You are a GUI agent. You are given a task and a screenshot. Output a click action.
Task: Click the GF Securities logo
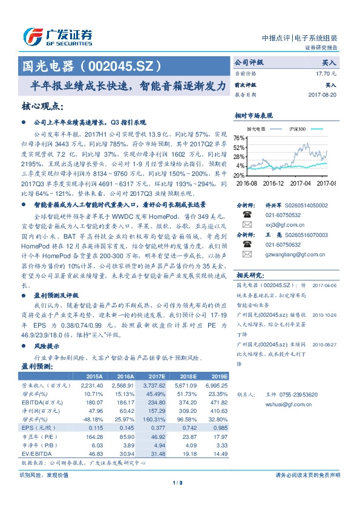point(57,36)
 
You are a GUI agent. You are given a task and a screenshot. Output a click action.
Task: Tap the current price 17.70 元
point(326,73)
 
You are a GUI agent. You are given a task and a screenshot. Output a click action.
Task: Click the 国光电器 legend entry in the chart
point(256,129)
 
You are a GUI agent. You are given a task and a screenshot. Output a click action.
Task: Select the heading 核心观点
point(42,106)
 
